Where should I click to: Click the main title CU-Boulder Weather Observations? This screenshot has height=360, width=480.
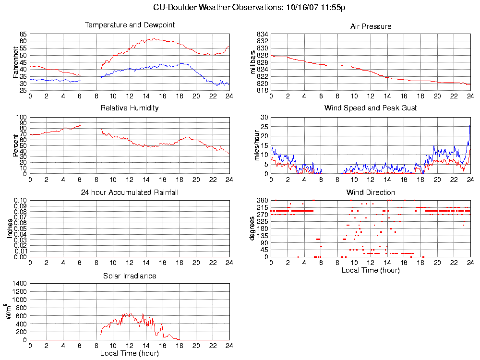[250, 7]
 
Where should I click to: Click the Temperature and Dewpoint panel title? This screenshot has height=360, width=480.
[130, 25]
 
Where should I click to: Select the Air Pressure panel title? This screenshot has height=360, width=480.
[371, 26]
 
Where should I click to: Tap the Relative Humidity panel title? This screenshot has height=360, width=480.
[130, 108]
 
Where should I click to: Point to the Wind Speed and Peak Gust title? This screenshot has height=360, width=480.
[371, 108]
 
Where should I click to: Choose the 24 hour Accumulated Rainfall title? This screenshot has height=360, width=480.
[130, 192]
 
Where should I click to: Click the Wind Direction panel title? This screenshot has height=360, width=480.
[371, 192]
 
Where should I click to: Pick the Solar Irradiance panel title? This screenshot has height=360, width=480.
[130, 276]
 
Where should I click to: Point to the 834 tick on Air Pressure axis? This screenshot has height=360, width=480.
[262, 35]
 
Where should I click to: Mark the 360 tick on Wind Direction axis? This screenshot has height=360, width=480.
[262, 200]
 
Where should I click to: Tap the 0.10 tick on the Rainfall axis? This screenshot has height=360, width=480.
[20, 200]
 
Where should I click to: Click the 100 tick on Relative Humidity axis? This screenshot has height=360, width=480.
[22, 117]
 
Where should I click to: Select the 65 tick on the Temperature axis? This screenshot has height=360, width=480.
[24, 35]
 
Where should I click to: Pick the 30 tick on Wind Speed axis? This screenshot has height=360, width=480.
[264, 117]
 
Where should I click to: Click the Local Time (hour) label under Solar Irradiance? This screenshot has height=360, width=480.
[130, 353]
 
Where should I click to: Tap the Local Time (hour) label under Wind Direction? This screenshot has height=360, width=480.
[371, 270]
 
